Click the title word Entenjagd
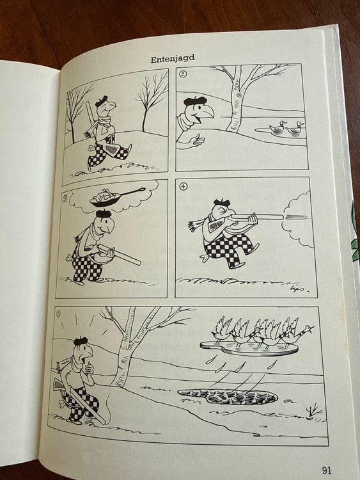pos(173,58)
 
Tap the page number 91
pos(327,470)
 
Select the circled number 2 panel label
pos(183,74)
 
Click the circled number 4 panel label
pos(184,186)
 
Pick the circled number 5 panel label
pos(59,314)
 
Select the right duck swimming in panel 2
pos(295,127)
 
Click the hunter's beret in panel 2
pos(195,100)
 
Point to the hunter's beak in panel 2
pos(207,113)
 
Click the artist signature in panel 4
pos(297,289)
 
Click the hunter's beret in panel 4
pos(221,202)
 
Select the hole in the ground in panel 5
pos(228,396)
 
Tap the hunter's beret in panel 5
pos(81,340)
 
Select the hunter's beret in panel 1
pos(101,100)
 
